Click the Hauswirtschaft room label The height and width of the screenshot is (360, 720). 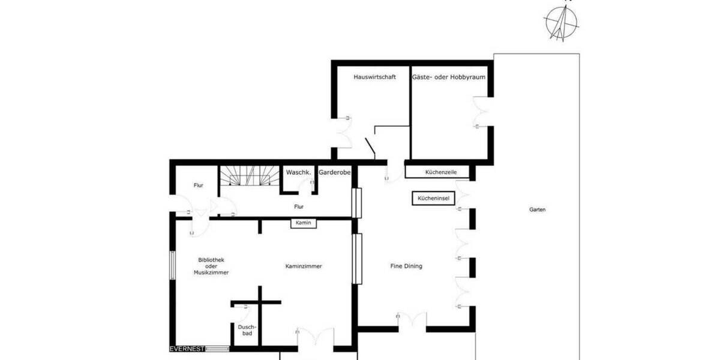tap(374, 77)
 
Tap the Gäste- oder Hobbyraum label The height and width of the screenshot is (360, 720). tap(449, 77)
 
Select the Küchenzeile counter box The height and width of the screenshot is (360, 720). tap(440, 172)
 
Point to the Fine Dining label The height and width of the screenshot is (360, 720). tap(406, 266)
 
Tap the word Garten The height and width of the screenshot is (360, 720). tap(537, 210)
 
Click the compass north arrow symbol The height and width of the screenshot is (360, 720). tap(562, 23)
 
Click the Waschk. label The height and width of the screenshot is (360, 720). tap(298, 172)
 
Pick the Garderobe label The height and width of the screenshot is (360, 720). tap(334, 172)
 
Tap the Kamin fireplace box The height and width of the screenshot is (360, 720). tap(303, 223)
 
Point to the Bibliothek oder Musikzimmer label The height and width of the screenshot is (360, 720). tap(211, 266)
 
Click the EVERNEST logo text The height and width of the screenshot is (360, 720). tap(187, 349)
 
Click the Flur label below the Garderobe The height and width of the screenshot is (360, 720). tap(298, 207)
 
